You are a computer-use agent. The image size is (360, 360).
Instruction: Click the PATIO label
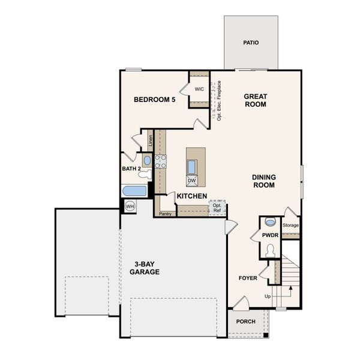click(x=251, y=43)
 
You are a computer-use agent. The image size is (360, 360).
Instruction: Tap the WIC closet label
click(x=199, y=89)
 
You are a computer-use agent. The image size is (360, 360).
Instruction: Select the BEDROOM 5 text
click(x=154, y=100)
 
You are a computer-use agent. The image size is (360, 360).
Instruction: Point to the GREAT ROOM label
click(x=255, y=100)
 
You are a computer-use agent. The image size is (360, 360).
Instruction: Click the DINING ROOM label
click(x=263, y=181)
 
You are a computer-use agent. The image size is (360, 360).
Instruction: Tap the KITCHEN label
click(x=191, y=196)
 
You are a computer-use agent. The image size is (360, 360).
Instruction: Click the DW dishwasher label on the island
click(x=191, y=181)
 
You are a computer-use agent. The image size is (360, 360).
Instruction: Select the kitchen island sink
click(x=192, y=166)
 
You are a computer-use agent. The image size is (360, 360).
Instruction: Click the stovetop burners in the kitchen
click(x=160, y=161)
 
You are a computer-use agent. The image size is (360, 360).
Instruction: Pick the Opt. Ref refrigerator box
click(x=217, y=208)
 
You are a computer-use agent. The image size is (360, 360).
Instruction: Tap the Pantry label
click(x=166, y=213)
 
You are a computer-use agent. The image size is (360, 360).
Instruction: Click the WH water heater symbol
click(x=130, y=206)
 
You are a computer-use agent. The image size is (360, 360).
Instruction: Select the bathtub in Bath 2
click(x=134, y=191)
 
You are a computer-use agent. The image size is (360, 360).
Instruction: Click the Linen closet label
click(x=151, y=141)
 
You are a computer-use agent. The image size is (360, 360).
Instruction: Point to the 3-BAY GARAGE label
click(x=145, y=268)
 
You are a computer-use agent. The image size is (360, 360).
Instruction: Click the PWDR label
click(x=270, y=235)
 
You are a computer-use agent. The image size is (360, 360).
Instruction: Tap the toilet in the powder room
click(x=270, y=250)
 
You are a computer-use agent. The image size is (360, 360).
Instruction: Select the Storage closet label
click(x=291, y=226)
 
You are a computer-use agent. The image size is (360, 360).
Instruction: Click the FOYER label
click(x=248, y=278)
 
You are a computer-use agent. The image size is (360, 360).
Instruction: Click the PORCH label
click(x=246, y=322)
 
